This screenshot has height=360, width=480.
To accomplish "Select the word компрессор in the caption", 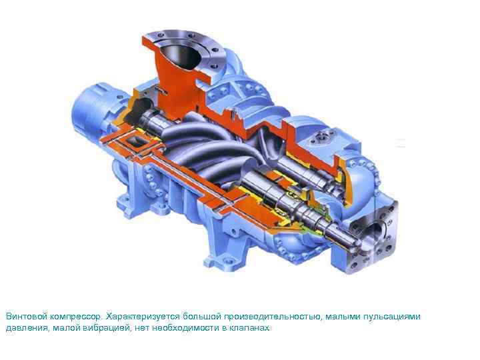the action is [x=75, y=317].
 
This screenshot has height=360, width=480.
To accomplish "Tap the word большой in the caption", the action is [x=201, y=316].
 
